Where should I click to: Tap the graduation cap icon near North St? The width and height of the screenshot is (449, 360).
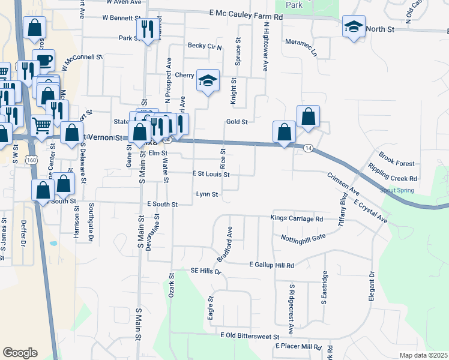(354, 27)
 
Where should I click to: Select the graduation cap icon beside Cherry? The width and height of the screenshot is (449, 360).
(208, 80)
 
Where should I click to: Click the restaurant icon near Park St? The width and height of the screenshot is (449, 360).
(145, 28)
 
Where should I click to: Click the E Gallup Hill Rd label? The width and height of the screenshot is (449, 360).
(272, 265)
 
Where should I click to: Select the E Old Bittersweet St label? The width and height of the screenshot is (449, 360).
(250, 336)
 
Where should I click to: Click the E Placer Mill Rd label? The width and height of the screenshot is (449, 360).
(299, 347)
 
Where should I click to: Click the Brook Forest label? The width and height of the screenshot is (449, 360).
(397, 163)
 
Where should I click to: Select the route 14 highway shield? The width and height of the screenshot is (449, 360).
(308, 148)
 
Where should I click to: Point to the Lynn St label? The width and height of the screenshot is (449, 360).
(206, 194)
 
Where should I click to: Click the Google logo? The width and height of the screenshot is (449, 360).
(20, 353)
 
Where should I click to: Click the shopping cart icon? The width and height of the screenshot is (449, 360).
(41, 125)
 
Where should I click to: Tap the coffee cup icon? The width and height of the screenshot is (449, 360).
(44, 60)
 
